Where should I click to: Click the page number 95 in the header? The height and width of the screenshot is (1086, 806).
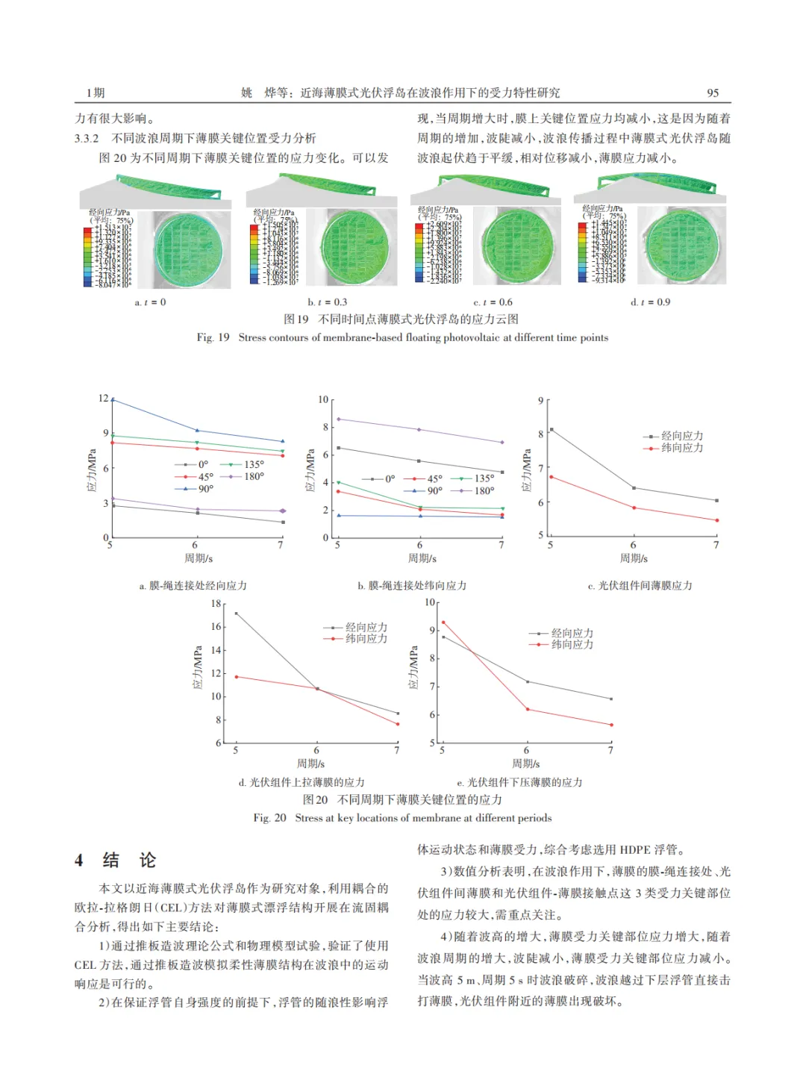tap(713, 93)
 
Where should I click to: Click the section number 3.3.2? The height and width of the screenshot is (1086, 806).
tap(87, 138)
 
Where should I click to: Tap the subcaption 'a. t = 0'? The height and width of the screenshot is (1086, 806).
tap(150, 302)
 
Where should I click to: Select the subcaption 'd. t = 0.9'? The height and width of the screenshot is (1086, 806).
tap(650, 302)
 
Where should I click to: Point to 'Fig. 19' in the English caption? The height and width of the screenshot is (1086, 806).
tap(213, 337)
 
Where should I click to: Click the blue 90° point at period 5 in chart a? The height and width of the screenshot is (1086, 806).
tap(113, 399)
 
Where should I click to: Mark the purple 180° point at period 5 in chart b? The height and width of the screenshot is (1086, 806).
tap(338, 419)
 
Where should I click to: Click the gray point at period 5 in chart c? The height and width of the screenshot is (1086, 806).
tap(552, 430)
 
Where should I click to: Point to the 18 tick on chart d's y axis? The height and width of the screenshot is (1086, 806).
tap(216, 603)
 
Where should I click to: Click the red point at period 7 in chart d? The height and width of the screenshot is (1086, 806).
tap(398, 724)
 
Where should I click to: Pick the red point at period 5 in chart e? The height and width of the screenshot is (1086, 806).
tap(443, 622)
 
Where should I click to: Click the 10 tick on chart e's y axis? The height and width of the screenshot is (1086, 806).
tap(430, 602)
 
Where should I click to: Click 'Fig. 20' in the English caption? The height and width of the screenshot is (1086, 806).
tap(269, 818)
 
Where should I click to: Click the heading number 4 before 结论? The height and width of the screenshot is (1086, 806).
tap(79, 861)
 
